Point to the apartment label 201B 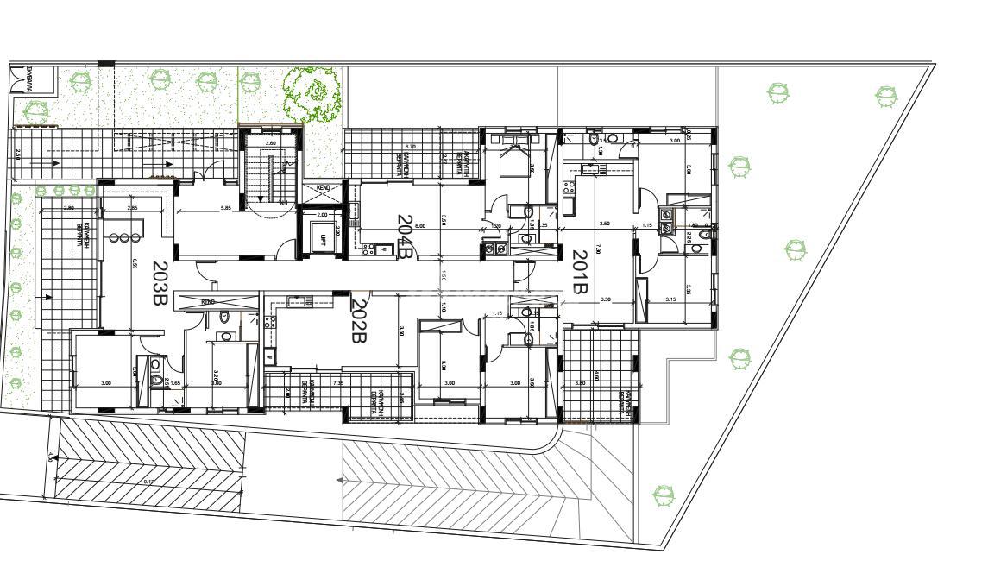point(579,272)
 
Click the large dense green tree point(312,92)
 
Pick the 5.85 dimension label point(225,208)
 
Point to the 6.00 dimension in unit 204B point(420,225)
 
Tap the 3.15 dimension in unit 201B point(670,299)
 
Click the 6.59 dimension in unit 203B point(135,265)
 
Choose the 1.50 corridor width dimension point(443,276)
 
